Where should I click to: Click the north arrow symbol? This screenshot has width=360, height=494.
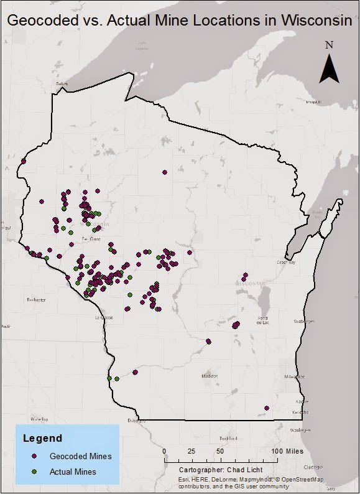tap(330, 68)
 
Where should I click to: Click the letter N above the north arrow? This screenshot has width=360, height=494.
tap(330, 44)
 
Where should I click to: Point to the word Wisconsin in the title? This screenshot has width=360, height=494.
tap(316, 20)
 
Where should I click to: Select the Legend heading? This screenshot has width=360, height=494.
tap(42, 438)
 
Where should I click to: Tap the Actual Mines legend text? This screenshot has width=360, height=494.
tap(73, 472)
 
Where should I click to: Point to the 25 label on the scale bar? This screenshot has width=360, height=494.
tap(192, 451)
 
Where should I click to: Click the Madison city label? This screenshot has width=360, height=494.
tap(210, 376)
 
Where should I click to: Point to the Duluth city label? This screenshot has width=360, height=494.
tap(62, 83)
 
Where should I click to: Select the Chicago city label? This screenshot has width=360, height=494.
tap(313, 466)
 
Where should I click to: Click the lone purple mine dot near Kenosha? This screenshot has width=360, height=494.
tap(266, 408)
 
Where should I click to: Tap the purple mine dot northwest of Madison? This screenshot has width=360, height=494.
tap(209, 341)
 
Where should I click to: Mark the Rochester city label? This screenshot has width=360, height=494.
tap(36, 300)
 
